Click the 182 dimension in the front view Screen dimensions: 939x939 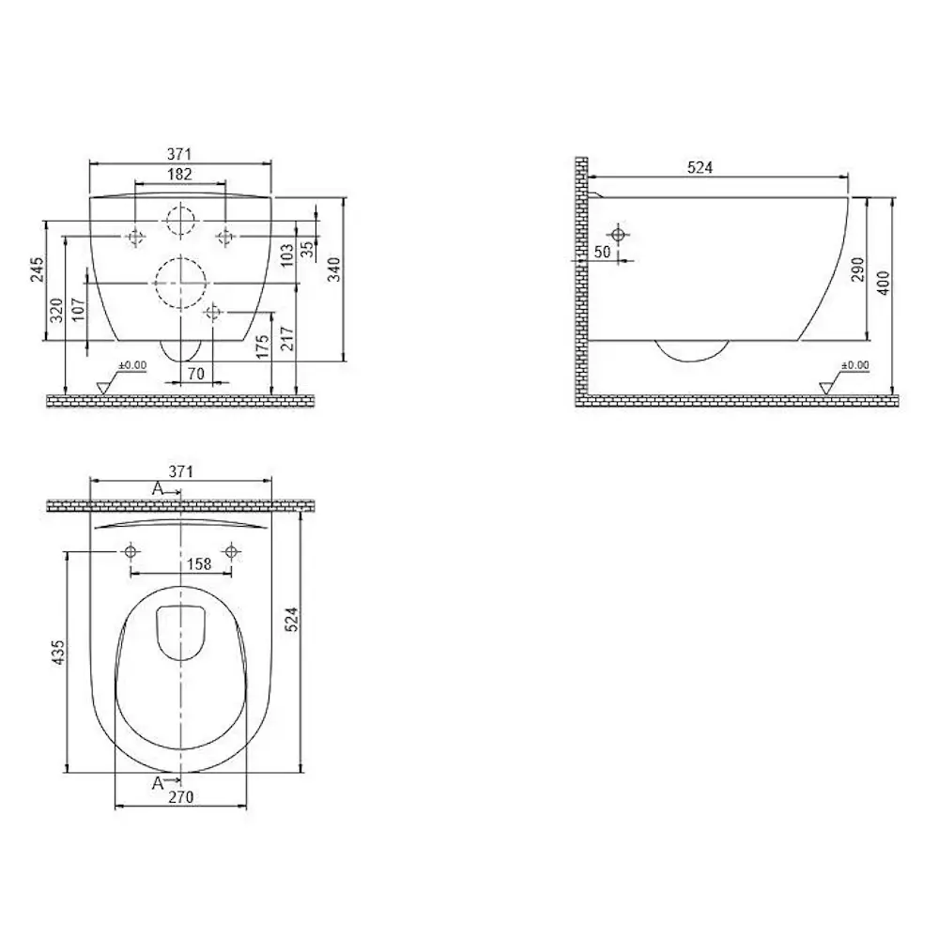(179, 175)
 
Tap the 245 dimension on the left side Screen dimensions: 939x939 (37, 269)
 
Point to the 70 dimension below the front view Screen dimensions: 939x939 (196, 374)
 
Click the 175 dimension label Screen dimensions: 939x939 (263, 346)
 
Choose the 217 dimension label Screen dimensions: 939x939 (287, 338)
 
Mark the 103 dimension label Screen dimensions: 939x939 (286, 254)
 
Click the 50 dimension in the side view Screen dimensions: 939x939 (603, 252)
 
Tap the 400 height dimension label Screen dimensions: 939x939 (884, 284)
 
